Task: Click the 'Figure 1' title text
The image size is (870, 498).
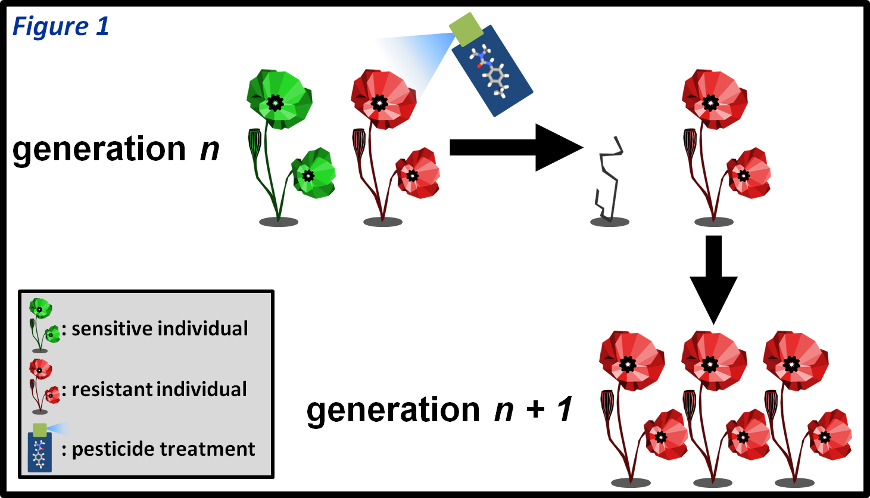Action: click(61, 27)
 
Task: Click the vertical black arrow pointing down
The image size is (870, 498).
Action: click(713, 277)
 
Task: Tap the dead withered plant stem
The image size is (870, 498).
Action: click(609, 179)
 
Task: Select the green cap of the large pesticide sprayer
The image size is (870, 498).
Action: click(466, 29)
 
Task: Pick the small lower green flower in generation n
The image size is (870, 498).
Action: click(313, 174)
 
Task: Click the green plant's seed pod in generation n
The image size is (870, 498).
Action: click(254, 144)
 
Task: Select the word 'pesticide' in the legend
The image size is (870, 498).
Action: click(112, 449)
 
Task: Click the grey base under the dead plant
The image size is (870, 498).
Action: click(609, 222)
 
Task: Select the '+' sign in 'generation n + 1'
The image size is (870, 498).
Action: click(535, 410)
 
